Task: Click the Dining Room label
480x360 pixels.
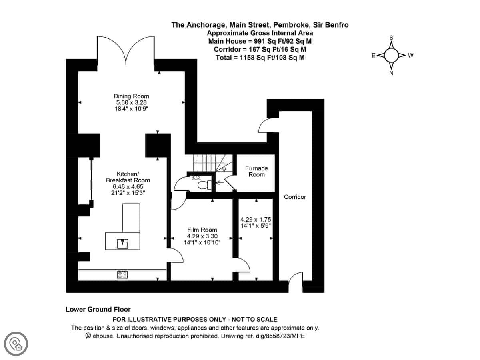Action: point(131,96)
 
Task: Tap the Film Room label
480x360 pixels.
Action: point(202,230)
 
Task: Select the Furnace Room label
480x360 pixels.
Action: point(256,171)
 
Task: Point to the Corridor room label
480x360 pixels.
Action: point(295,197)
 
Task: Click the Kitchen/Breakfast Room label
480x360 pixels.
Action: point(128,177)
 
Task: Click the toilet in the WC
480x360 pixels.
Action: point(204,185)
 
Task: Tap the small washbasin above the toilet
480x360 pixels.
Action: point(196,178)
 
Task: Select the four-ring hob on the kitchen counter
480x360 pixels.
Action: point(122,275)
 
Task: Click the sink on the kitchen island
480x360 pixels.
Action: point(122,244)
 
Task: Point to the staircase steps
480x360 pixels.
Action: point(209,163)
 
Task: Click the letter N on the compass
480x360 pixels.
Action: point(391,73)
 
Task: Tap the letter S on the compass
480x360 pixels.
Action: point(392,38)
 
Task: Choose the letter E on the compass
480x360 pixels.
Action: point(374,55)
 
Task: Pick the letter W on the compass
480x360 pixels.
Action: point(410,55)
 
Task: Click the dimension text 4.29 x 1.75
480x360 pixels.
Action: point(256,219)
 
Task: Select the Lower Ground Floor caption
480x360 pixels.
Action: point(98,309)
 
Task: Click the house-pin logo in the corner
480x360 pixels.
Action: point(16,344)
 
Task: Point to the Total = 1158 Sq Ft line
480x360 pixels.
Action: point(260,58)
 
